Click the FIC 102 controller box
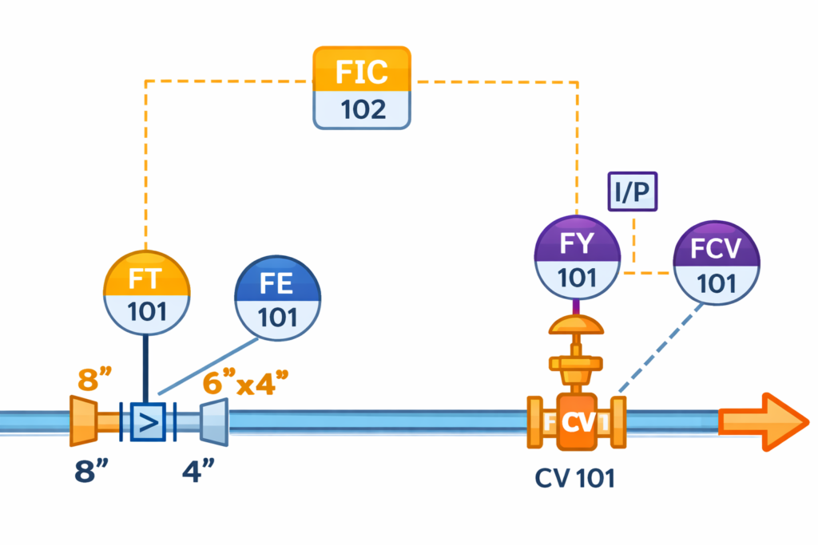362,87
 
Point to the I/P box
633,192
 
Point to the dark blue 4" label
196,470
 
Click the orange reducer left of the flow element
84,421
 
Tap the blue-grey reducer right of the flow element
213,421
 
